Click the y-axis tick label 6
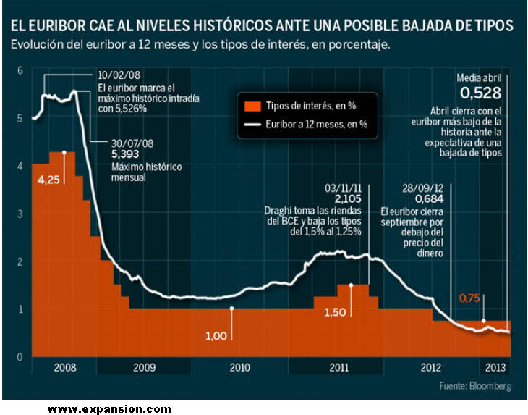click(x=20, y=70)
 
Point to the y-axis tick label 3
click(x=20, y=214)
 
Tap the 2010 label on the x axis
click(x=239, y=367)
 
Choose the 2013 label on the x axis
click(x=495, y=367)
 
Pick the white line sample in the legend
click(x=251, y=124)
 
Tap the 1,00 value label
click(x=216, y=335)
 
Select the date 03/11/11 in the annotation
click(x=344, y=186)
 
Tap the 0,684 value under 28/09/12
click(x=430, y=198)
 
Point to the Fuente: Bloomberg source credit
click(x=474, y=386)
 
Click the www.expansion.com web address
click(x=109, y=409)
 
